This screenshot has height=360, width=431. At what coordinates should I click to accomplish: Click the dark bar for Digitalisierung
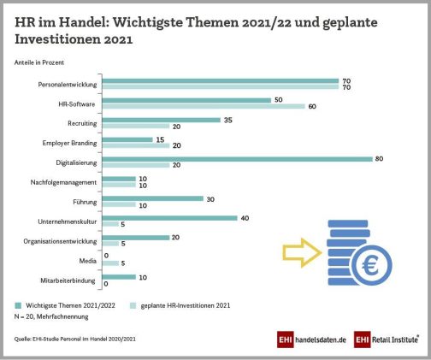(237, 159)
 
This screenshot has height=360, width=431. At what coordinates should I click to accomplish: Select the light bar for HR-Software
(204, 106)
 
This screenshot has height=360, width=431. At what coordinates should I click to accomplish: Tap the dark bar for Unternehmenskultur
(169, 218)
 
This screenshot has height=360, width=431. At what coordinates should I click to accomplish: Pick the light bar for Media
(110, 263)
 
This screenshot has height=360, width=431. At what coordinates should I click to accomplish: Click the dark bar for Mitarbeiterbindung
(119, 277)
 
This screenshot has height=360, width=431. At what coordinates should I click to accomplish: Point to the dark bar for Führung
(153, 198)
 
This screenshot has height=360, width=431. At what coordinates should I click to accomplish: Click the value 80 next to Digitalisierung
(379, 159)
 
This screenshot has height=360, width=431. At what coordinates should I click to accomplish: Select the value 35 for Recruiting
(228, 120)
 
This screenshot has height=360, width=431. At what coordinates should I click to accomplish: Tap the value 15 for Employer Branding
(160, 139)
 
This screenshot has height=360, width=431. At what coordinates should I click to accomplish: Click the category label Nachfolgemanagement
(63, 182)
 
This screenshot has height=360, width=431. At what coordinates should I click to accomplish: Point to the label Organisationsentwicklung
(60, 241)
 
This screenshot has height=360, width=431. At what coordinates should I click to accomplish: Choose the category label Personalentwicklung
(68, 85)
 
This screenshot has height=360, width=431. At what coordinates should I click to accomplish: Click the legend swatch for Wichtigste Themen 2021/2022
(18, 305)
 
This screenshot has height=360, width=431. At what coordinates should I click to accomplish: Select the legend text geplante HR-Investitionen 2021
(186, 305)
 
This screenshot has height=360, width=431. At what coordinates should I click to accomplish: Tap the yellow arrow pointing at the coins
(302, 253)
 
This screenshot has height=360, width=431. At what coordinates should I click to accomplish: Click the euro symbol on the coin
(370, 265)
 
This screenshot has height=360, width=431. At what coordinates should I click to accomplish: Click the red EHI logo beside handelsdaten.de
(285, 339)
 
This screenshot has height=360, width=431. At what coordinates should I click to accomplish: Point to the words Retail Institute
(395, 339)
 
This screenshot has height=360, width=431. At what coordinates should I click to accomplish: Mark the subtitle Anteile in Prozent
(39, 62)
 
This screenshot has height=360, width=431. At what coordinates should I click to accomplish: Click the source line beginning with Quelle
(75, 339)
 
